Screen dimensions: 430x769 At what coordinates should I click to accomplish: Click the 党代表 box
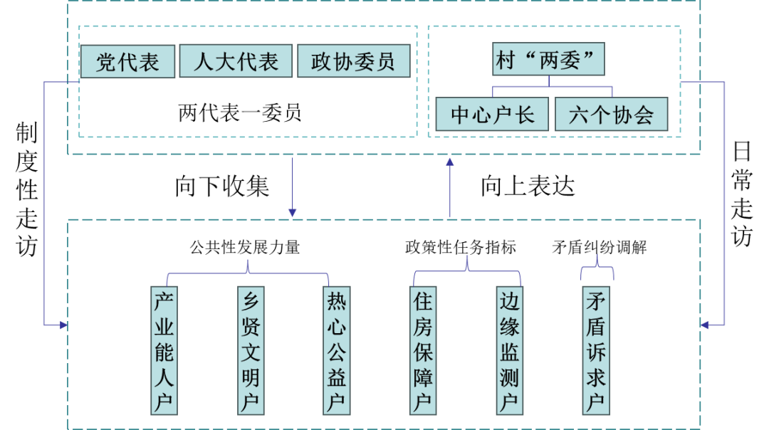127,62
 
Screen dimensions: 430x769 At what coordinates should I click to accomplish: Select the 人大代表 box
236,61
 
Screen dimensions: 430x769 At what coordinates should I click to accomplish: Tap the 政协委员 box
353,61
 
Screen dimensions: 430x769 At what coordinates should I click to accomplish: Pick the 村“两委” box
548,59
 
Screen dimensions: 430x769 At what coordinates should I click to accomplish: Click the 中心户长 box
492,115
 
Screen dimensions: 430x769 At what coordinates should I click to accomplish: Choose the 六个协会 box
611,115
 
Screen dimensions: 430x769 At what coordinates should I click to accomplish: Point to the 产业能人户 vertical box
164,350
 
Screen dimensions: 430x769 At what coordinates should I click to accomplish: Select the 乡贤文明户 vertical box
251,350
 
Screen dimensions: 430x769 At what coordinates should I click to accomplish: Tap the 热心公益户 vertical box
336,350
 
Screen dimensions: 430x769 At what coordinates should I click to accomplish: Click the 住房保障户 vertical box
423,350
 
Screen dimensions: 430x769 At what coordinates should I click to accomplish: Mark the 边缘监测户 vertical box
509,350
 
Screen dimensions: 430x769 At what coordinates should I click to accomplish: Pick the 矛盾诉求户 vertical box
596,350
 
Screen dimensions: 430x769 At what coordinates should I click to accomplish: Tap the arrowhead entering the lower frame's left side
63,325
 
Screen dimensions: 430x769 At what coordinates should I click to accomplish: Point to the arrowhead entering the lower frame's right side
704,325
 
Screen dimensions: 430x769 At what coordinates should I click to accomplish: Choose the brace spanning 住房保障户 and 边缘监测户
467,269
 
